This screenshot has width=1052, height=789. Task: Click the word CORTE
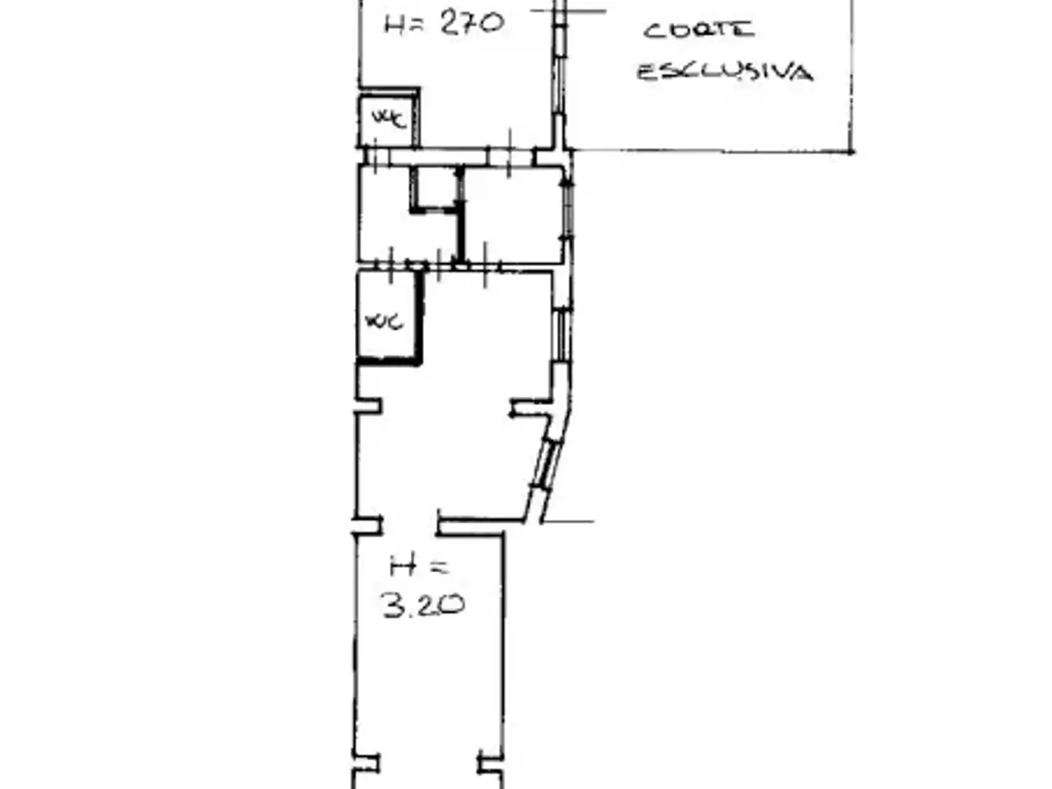699,30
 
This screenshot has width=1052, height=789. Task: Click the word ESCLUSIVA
725,72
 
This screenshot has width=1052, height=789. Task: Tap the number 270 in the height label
471,24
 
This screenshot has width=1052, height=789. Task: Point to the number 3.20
423,605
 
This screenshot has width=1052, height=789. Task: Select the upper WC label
390,118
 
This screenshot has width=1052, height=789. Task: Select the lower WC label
384,321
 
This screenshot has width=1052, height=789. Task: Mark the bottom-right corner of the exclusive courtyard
851,152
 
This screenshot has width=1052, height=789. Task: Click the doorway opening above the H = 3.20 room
410,525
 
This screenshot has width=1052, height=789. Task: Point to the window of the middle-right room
567,210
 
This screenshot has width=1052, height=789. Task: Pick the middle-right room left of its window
513,215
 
